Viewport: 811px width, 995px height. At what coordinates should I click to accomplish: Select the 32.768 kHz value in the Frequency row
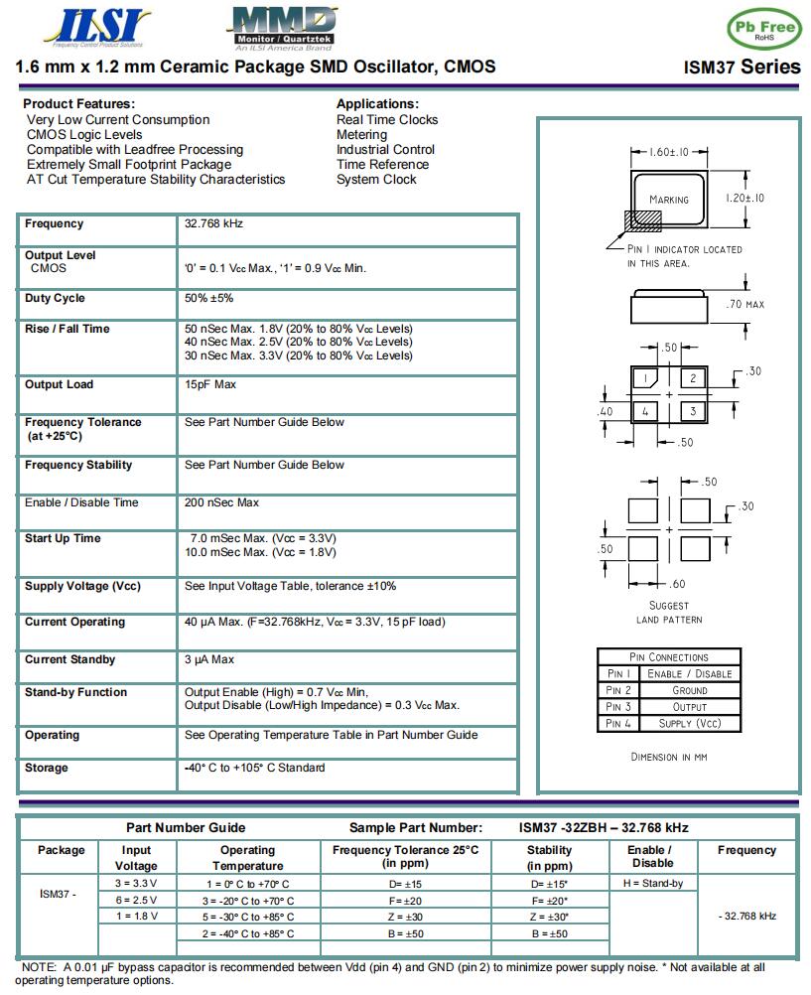click(213, 224)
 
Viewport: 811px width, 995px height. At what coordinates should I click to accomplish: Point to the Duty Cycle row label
click(55, 299)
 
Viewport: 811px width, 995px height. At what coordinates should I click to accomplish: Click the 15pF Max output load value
click(209, 385)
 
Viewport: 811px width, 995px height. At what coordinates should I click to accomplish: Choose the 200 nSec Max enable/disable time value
click(221, 503)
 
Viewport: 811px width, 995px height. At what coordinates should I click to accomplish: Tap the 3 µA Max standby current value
click(209, 660)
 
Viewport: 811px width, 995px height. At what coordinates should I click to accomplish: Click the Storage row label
click(47, 769)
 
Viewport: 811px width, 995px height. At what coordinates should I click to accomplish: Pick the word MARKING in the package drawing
click(669, 200)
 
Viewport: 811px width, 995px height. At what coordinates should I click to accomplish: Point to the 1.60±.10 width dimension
click(669, 153)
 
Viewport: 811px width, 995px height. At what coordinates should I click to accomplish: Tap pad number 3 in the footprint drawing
click(694, 410)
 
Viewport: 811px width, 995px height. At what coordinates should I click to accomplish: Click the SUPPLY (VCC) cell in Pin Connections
click(689, 724)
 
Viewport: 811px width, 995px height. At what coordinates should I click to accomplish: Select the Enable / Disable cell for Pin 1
click(689, 674)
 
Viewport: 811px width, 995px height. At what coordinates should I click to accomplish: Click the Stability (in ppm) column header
click(549, 858)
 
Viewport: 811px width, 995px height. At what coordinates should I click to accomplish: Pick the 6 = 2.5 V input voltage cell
click(137, 901)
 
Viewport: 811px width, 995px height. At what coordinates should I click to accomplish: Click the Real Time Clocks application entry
click(387, 120)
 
